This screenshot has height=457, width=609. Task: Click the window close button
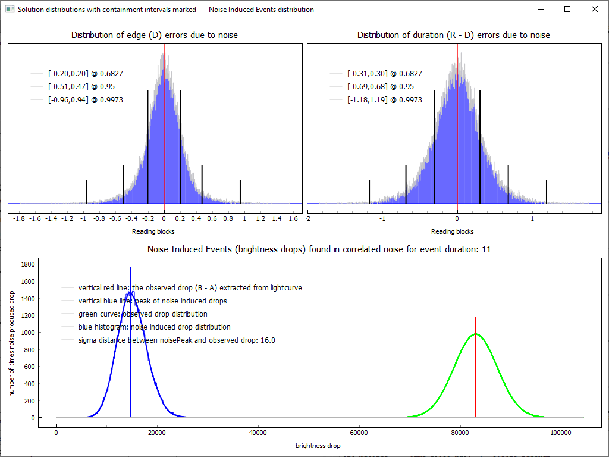point(594,9)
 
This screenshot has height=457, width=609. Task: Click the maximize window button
point(567,9)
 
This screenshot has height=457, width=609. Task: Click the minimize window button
point(540,9)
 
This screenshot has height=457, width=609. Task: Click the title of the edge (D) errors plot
point(155,35)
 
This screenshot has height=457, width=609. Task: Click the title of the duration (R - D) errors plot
point(454,35)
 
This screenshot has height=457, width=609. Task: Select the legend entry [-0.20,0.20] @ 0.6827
point(86,74)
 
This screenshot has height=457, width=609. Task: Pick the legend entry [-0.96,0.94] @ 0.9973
point(86,100)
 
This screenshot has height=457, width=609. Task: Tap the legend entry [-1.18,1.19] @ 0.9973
point(385,100)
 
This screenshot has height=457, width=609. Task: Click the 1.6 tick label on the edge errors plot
point(293,219)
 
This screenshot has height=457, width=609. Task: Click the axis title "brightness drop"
point(318,446)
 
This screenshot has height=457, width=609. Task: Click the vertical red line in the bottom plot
point(476,369)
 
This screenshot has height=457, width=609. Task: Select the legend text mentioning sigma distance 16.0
point(177,340)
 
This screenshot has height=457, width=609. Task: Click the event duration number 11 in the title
point(486,249)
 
